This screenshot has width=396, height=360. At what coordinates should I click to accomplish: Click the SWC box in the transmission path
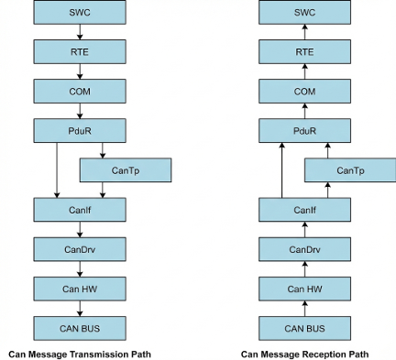[79, 13]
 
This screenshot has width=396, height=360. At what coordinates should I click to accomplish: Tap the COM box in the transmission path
[79, 92]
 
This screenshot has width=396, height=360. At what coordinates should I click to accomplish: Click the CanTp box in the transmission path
[126, 170]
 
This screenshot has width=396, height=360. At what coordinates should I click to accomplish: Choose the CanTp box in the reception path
[349, 170]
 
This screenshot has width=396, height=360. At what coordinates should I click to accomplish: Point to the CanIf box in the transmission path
[79, 210]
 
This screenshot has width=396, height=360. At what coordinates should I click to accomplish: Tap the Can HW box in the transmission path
[79, 289]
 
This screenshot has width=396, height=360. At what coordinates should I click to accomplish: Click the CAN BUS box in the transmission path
[79, 328]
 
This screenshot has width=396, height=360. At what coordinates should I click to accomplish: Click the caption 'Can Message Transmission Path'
[79, 354]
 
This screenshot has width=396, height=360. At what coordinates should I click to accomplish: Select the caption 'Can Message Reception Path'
[304, 354]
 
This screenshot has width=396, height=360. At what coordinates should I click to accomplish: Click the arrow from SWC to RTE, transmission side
[79, 33]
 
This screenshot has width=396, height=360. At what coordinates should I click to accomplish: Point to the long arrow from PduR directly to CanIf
[57, 170]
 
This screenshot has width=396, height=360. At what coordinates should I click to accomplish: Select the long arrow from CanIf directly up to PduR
[280, 170]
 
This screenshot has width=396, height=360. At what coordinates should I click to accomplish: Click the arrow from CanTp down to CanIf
[103, 190]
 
